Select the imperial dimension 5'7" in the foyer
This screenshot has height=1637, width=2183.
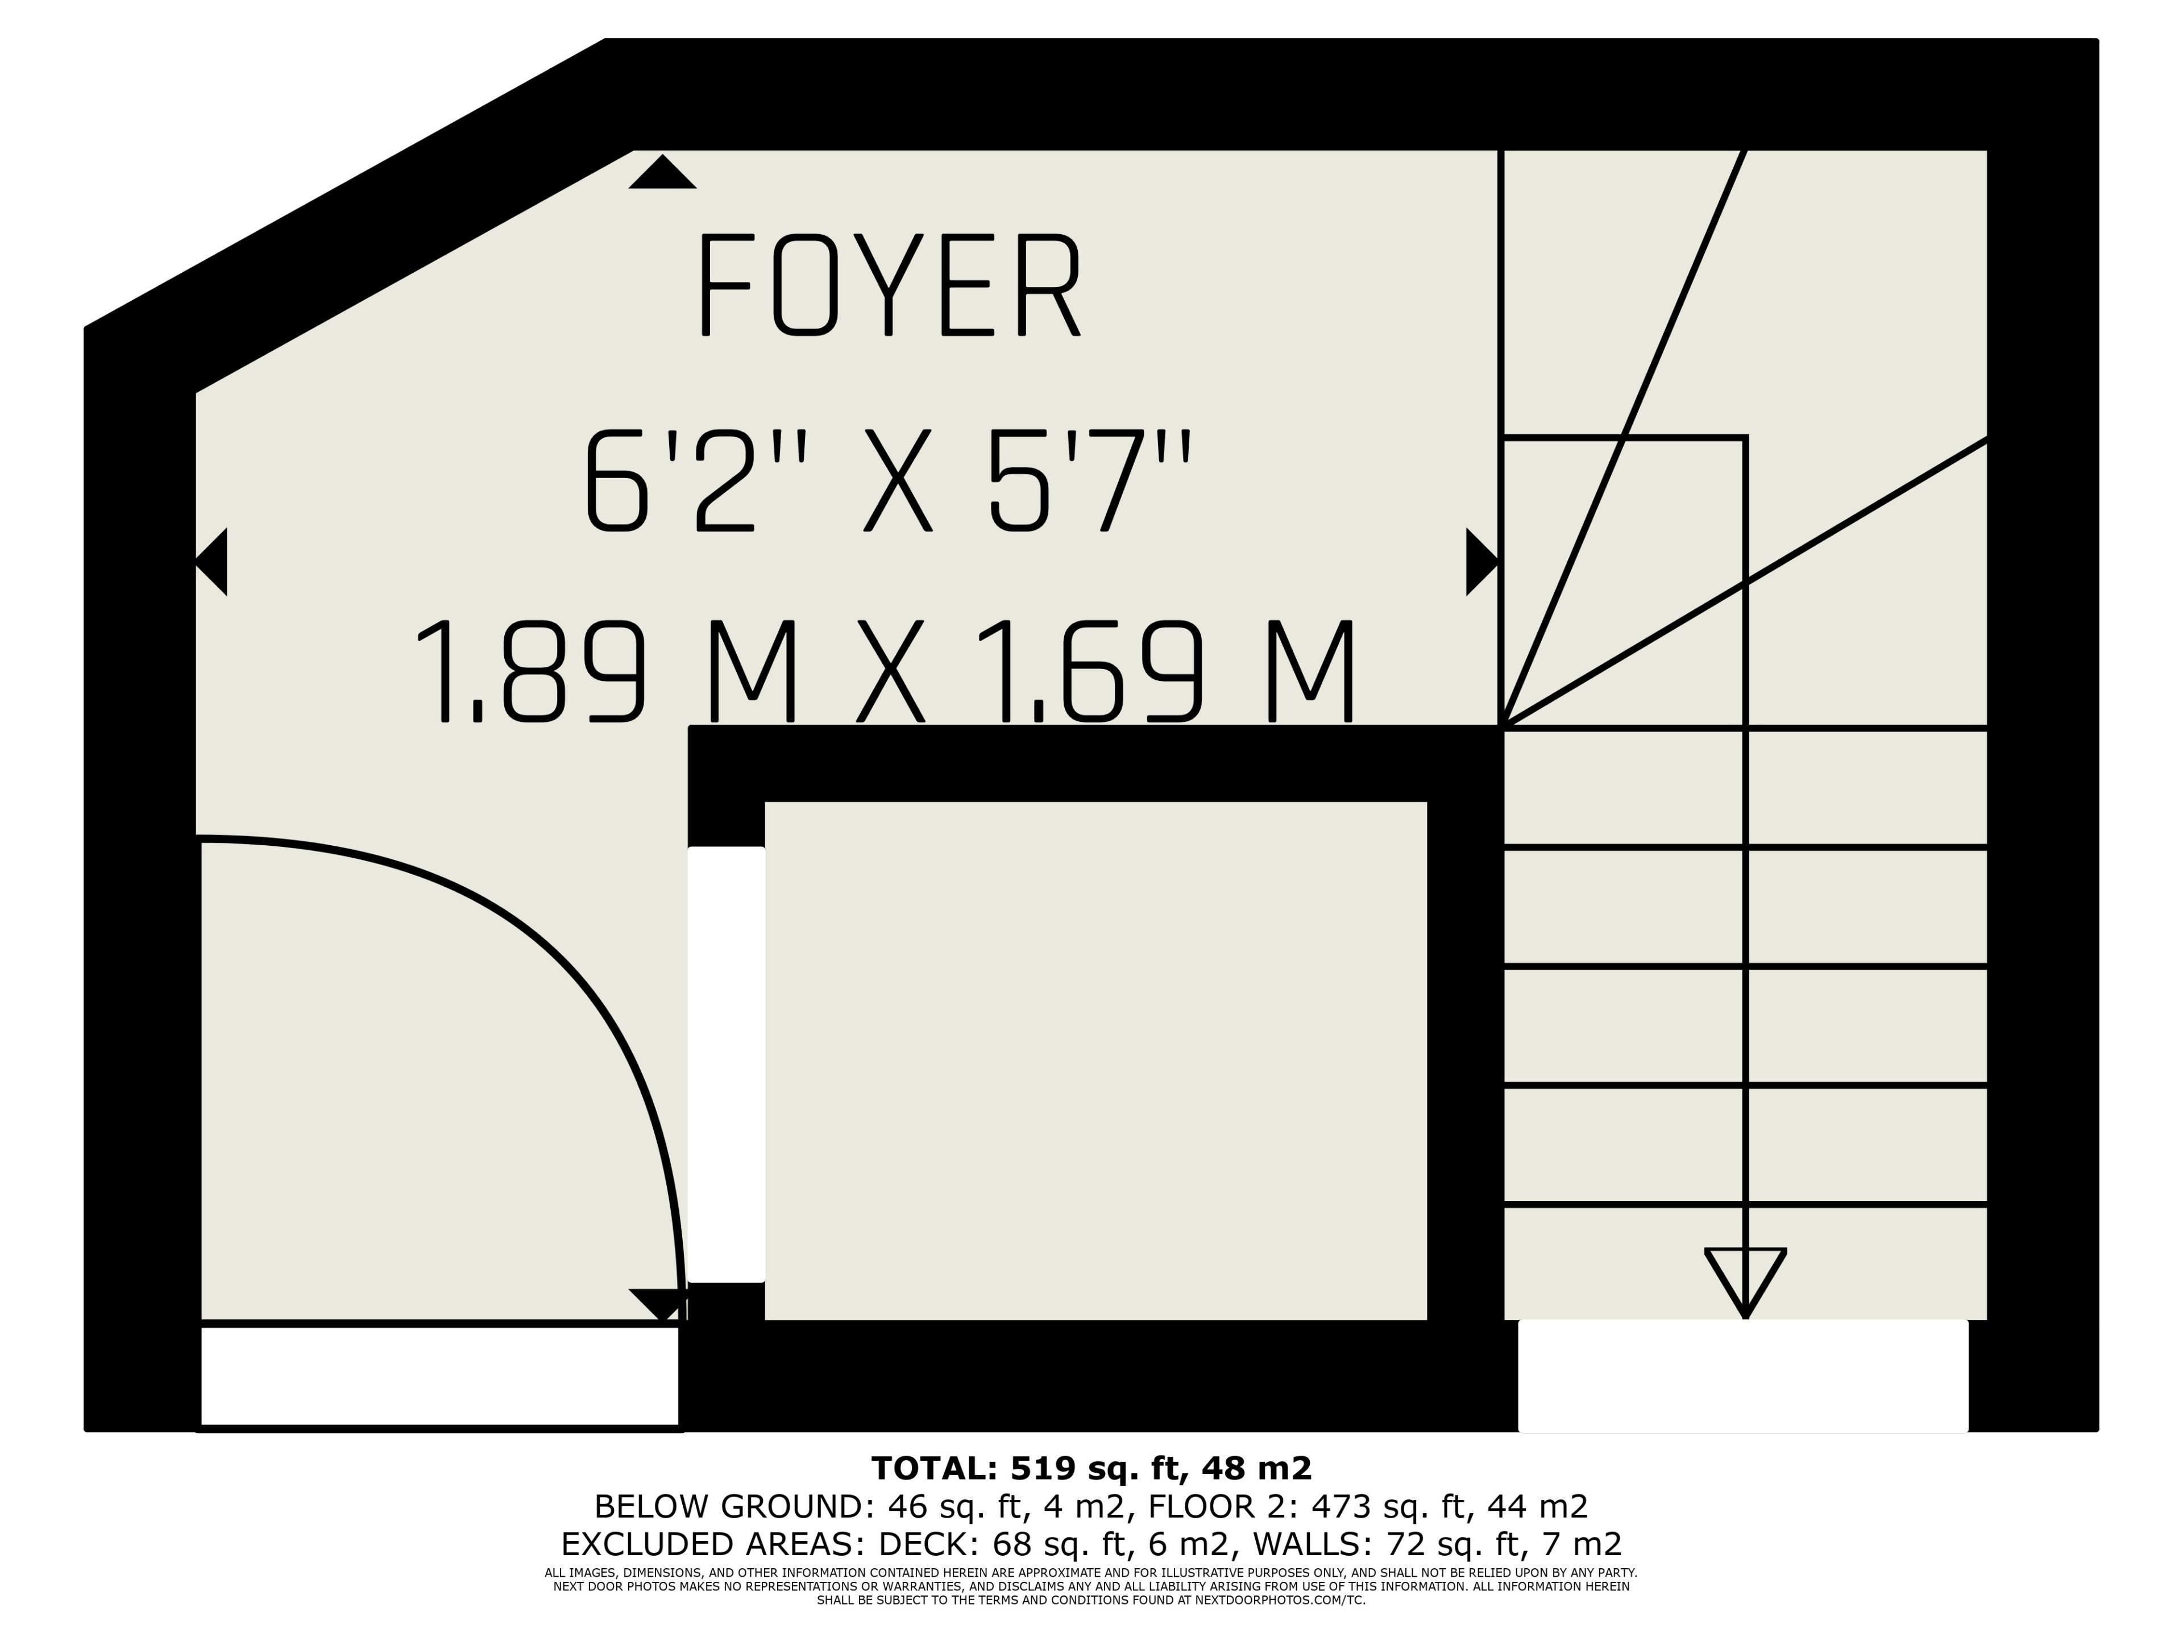tap(1090, 481)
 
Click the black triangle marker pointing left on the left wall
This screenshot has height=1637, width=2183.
tap(211, 562)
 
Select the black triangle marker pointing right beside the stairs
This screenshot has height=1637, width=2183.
tap(1482, 562)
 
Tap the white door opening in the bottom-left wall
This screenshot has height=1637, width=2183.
tap(440, 1377)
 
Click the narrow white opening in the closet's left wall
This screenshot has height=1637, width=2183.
tap(727, 1065)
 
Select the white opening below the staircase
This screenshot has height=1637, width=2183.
tap(1743, 1376)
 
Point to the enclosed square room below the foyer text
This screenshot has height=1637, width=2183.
tap(1095, 1061)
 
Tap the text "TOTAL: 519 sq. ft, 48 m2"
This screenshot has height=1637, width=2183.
tap(1091, 1468)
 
